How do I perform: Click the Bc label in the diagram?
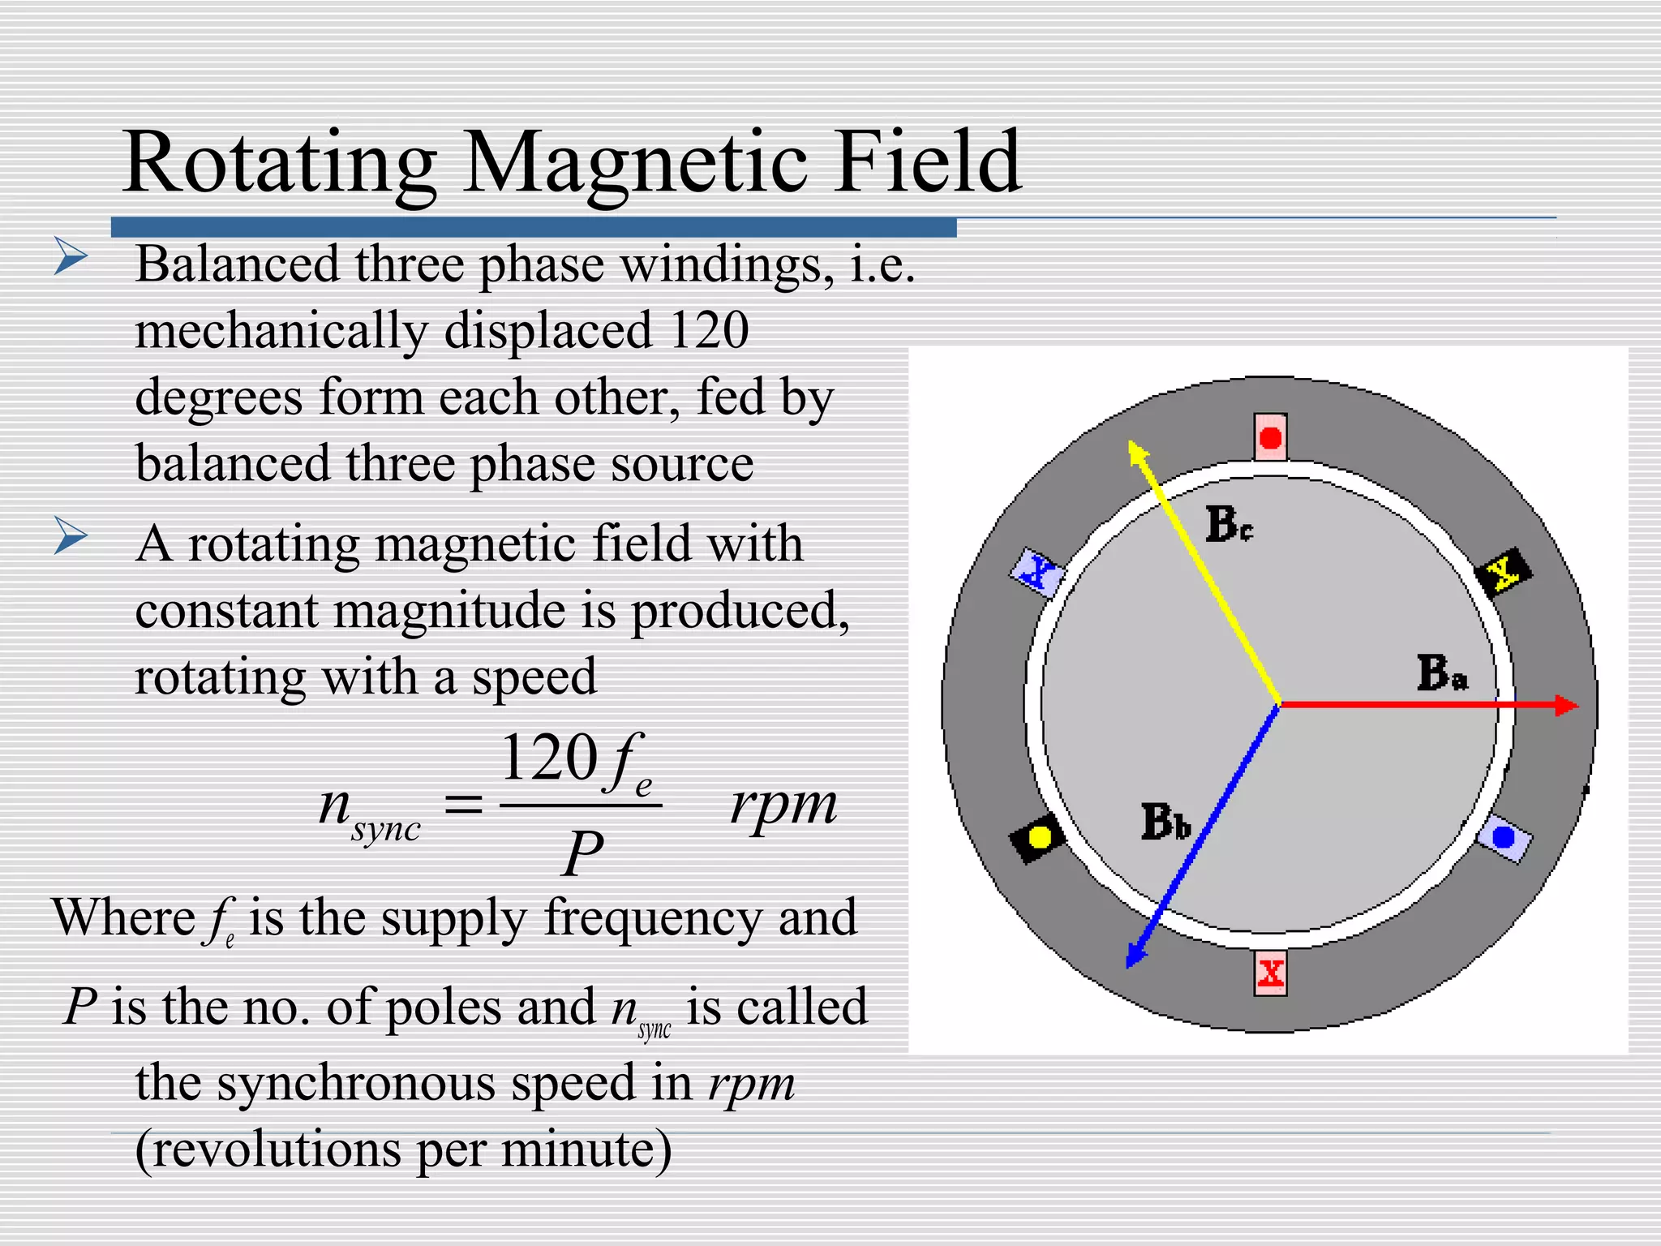click(x=1229, y=524)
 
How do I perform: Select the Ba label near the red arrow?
click(x=1442, y=673)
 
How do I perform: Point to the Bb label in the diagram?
click(x=1165, y=821)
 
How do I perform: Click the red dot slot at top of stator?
click(x=1270, y=437)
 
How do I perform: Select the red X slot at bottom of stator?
click(x=1270, y=973)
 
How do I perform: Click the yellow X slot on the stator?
click(x=1504, y=572)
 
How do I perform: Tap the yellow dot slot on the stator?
click(x=1037, y=836)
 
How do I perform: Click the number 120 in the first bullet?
click(x=709, y=330)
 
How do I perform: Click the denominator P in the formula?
click(x=582, y=853)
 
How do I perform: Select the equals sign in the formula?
click(x=464, y=806)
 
